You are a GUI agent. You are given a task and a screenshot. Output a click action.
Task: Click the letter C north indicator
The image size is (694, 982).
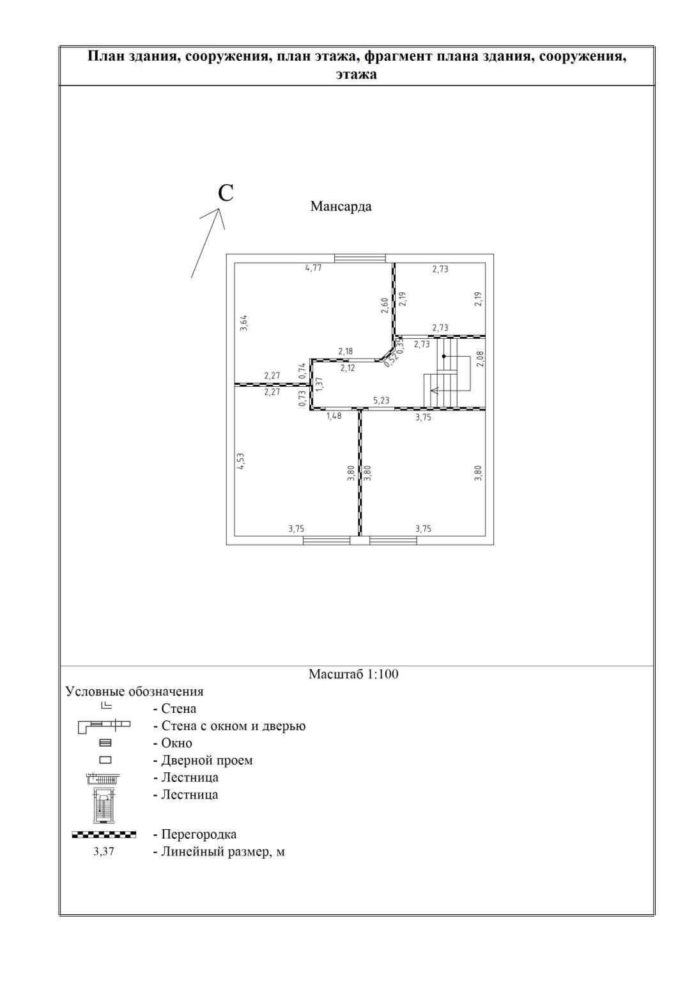[226, 192]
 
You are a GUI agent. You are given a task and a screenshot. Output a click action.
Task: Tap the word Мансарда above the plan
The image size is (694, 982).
[341, 207]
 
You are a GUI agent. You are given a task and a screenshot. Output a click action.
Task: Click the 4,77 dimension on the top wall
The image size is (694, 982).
[313, 269]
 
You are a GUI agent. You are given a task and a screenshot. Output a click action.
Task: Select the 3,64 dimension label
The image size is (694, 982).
[243, 322]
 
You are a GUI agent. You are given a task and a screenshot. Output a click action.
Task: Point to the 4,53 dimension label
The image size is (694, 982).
[241, 461]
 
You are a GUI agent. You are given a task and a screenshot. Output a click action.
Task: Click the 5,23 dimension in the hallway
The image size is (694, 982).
[381, 401]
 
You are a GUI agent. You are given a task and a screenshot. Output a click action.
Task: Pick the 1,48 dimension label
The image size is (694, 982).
[334, 416]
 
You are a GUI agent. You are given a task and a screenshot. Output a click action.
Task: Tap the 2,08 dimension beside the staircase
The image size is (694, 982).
[481, 359]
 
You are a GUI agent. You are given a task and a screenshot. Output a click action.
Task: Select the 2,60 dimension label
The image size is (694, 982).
[384, 305]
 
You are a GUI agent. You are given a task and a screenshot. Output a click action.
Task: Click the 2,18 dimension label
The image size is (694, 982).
[345, 352]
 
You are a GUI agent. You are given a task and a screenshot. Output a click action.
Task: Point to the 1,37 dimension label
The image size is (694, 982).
[320, 383]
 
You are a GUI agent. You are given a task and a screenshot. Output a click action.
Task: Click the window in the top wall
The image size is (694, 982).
[360, 258]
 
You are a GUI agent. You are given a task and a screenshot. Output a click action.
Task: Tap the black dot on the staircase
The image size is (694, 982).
[443, 356]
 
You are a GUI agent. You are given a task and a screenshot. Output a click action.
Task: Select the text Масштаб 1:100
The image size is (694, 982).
[353, 674]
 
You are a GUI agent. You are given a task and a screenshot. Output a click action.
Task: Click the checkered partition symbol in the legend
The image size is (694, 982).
[104, 834]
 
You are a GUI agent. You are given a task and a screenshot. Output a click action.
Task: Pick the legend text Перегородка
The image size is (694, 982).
[199, 834]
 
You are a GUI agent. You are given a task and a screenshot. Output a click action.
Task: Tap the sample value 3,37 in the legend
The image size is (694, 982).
[104, 852]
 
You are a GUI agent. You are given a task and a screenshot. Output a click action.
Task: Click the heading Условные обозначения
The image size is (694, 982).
[135, 691]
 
